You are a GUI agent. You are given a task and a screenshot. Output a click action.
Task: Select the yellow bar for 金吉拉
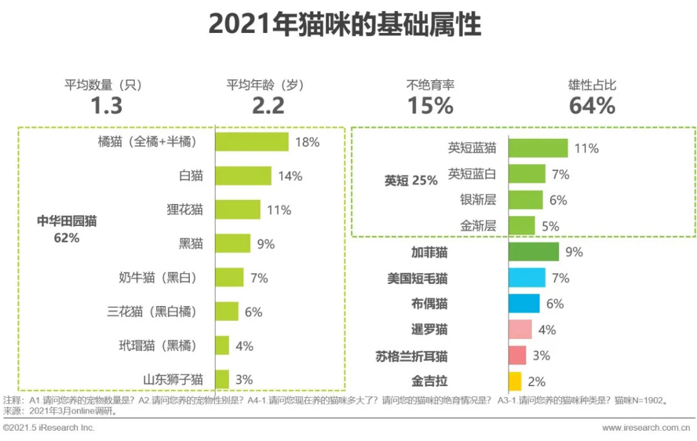[514, 382]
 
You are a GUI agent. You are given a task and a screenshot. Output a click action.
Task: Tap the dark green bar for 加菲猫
[533, 252]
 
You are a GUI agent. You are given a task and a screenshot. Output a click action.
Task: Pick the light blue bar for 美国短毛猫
[527, 278]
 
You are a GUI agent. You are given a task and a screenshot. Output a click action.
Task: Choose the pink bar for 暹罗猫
[520, 329]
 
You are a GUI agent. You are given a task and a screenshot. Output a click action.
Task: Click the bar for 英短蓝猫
[538, 148]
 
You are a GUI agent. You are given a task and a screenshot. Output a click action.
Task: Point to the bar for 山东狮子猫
[221, 380]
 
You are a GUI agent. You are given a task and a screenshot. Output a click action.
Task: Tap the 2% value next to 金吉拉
[536, 382]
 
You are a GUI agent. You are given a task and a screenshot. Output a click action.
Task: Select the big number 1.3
[106, 105]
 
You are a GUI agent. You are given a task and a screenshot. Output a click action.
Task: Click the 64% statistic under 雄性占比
[591, 105]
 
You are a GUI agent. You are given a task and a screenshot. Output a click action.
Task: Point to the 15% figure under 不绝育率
[430, 105]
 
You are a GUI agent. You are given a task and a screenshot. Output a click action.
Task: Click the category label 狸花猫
[184, 210]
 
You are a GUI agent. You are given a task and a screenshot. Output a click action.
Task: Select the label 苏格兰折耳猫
[411, 356]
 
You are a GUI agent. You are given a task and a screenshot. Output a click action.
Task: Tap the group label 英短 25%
[411, 181]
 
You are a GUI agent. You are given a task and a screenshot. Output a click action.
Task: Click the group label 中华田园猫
[66, 221]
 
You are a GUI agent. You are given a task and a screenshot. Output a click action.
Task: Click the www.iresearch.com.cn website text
[649, 428]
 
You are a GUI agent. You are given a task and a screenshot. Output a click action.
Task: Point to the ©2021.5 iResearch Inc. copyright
[48, 428]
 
